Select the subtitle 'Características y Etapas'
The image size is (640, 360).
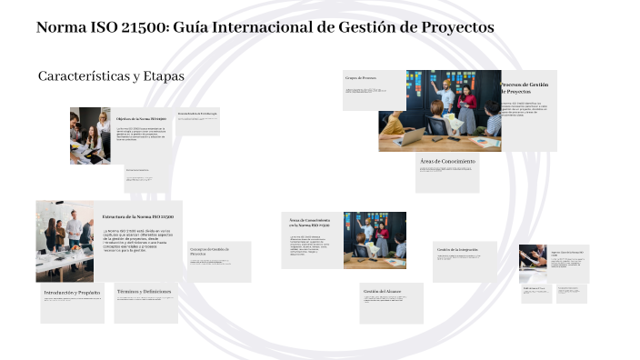click(111, 76)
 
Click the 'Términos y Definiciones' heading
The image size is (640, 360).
click(144, 291)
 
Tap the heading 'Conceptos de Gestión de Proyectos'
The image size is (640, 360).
click(209, 251)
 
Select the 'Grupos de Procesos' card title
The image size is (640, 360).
click(361, 79)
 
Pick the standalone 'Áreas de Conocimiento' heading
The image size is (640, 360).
click(447, 161)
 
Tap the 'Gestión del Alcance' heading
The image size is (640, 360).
click(381, 291)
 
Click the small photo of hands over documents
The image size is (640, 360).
click(533, 262)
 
